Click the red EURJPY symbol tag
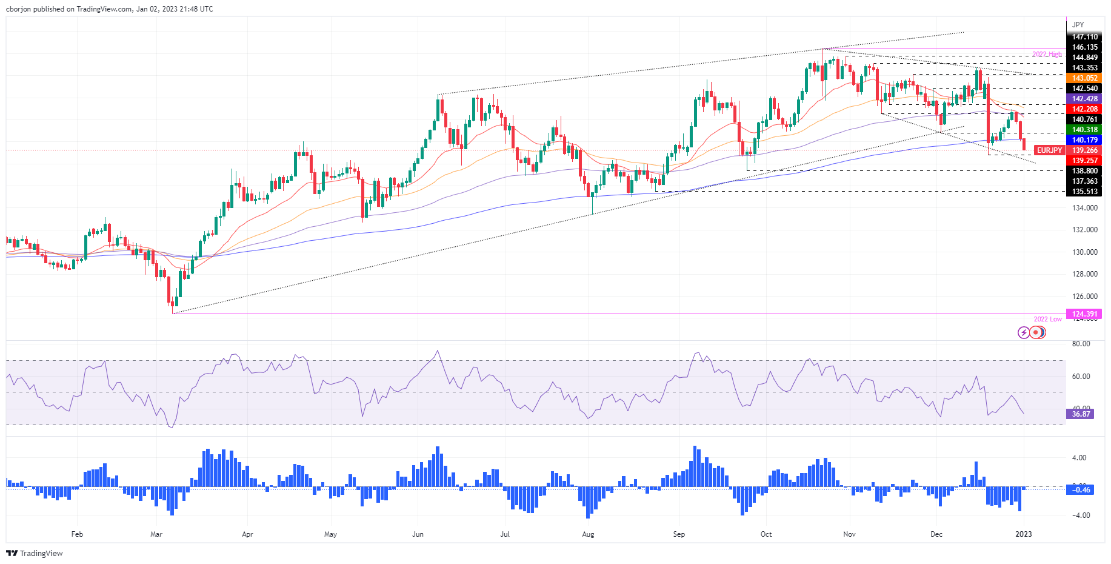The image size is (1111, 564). pyautogui.click(x=1049, y=150)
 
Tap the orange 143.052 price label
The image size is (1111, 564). pyautogui.click(x=1084, y=78)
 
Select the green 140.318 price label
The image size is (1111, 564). pyautogui.click(x=1084, y=130)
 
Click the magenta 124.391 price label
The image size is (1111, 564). pyautogui.click(x=1084, y=314)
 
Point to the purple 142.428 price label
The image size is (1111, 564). pyautogui.click(x=1084, y=99)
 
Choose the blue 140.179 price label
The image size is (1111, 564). pyautogui.click(x=1084, y=140)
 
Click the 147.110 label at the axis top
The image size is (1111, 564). pyautogui.click(x=1084, y=37)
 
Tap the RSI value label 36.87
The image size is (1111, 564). pyautogui.click(x=1081, y=414)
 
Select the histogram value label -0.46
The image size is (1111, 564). pyautogui.click(x=1081, y=490)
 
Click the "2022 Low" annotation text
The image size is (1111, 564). pyautogui.click(x=1047, y=319)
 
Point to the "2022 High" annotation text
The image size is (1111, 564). pyautogui.click(x=1047, y=55)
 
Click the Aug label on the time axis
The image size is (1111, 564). pyautogui.click(x=587, y=534)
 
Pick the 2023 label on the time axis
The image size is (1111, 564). pyautogui.click(x=1023, y=534)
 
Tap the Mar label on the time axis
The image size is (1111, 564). pyautogui.click(x=156, y=534)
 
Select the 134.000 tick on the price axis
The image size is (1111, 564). pyautogui.click(x=1084, y=208)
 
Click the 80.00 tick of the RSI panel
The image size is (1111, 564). pyautogui.click(x=1081, y=344)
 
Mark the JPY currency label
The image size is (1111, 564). pyautogui.click(x=1078, y=25)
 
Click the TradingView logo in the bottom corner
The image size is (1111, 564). pyautogui.click(x=35, y=553)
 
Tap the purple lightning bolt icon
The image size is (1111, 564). pyautogui.click(x=1024, y=332)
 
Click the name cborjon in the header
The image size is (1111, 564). pyautogui.click(x=18, y=9)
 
